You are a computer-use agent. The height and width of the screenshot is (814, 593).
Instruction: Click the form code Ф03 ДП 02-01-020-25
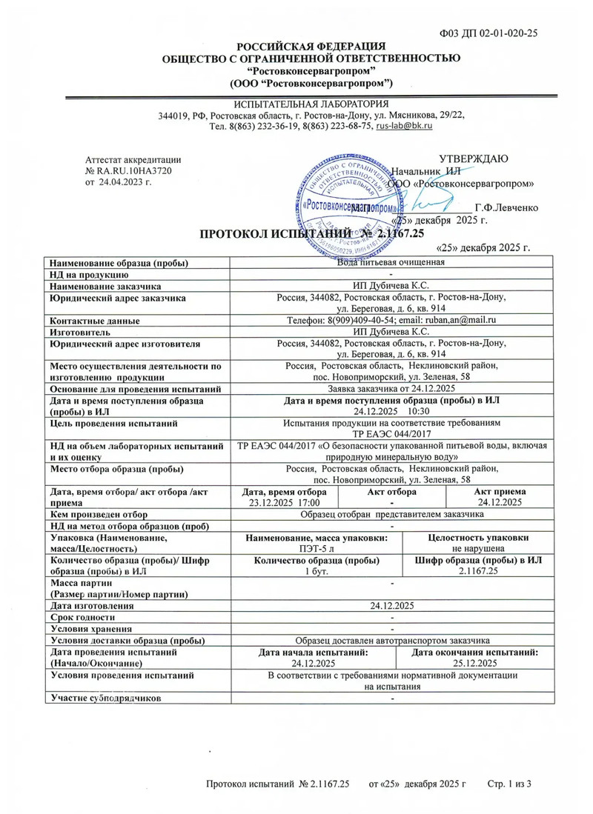[x=489, y=33]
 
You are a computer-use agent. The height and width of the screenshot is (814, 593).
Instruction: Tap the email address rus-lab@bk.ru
[x=404, y=127]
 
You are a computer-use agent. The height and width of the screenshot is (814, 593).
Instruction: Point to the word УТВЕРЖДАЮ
[x=474, y=159]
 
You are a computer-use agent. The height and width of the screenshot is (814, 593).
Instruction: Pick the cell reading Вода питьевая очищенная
[x=390, y=262]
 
